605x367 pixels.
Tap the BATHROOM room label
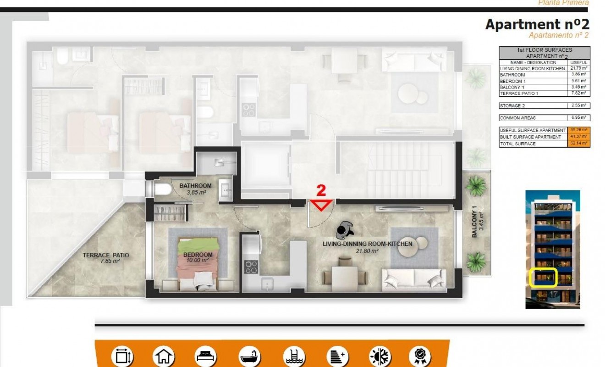pyautogui.click(x=195, y=186)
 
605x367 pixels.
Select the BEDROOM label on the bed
pyautogui.click(x=198, y=255)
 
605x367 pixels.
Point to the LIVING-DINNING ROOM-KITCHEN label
pyautogui.click(x=367, y=244)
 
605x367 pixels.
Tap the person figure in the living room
pyautogui.click(x=344, y=229)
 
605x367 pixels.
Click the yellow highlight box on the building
pyautogui.click(x=543, y=278)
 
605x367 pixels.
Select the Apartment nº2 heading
pyautogui.click(x=537, y=24)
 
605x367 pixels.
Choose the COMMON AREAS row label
pyautogui.click(x=517, y=118)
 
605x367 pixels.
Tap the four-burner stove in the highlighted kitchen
pyautogui.click(x=251, y=267)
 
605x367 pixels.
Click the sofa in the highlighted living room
pyautogui.click(x=414, y=278)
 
